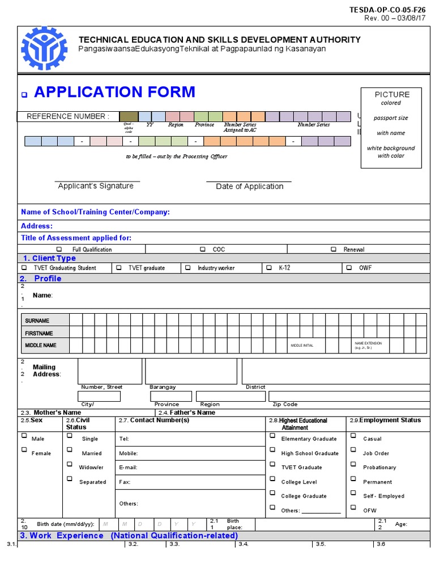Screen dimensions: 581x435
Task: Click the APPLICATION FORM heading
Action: tap(114, 92)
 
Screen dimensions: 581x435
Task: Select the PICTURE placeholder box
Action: tap(391, 128)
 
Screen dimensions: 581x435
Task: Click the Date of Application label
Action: tap(249, 187)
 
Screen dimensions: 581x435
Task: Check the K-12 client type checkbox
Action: tap(267, 267)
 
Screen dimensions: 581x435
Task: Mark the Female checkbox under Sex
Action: tap(24, 450)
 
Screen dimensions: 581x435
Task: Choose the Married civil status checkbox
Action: tap(70, 450)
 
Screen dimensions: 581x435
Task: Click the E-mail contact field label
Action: tap(128, 468)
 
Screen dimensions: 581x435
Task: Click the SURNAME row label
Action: tap(37, 321)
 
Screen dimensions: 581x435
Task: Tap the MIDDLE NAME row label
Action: tap(41, 345)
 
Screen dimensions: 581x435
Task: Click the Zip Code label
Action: tap(285, 405)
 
